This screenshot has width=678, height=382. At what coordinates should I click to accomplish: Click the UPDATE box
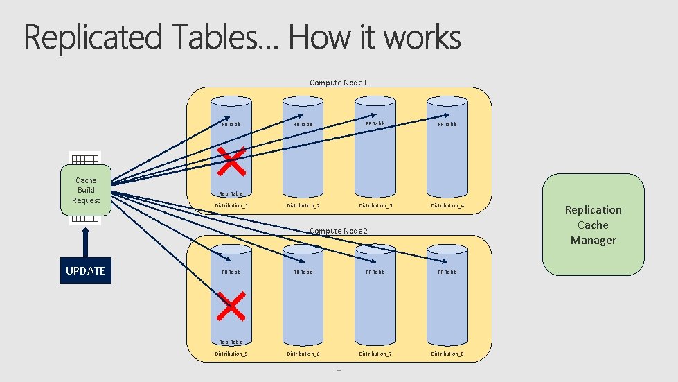(85, 270)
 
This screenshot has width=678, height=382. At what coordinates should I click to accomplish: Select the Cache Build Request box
(86, 190)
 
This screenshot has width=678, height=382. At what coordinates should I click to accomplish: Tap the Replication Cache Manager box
(593, 225)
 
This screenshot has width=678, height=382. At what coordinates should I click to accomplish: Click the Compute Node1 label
(339, 83)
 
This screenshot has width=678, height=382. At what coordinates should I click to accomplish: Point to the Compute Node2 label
(339, 230)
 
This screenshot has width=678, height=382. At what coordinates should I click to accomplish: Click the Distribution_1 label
(231, 205)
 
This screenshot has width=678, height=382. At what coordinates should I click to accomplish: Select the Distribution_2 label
(303, 205)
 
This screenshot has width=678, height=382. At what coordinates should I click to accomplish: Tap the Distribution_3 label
(375, 205)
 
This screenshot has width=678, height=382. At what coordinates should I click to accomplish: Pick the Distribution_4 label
(447, 205)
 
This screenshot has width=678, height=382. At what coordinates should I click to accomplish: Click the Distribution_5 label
(231, 354)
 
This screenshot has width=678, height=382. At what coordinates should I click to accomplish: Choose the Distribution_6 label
(303, 354)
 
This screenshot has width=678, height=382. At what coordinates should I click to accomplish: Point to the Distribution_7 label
(375, 354)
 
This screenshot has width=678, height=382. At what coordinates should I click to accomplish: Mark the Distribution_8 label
(447, 354)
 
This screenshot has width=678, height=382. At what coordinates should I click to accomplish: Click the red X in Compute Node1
(232, 160)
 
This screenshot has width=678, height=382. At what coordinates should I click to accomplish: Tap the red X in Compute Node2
(231, 306)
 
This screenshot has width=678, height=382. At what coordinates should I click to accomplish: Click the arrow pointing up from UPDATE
(85, 241)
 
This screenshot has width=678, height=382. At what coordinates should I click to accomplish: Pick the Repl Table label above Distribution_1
(231, 194)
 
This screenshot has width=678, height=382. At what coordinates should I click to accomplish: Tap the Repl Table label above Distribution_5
(231, 342)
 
